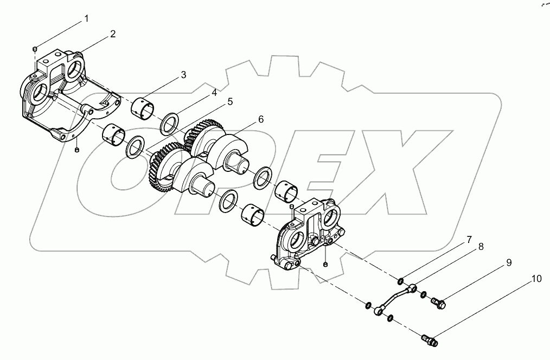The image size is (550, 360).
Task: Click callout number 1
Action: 87,18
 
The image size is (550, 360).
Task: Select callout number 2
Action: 113,34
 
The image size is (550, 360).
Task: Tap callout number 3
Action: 183,75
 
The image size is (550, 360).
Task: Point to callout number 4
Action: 214,93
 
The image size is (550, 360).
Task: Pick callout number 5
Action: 230,101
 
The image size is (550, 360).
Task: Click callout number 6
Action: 260,119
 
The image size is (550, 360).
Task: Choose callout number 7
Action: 469,240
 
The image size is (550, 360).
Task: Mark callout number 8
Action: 481,247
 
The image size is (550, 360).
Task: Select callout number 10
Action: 536,279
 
